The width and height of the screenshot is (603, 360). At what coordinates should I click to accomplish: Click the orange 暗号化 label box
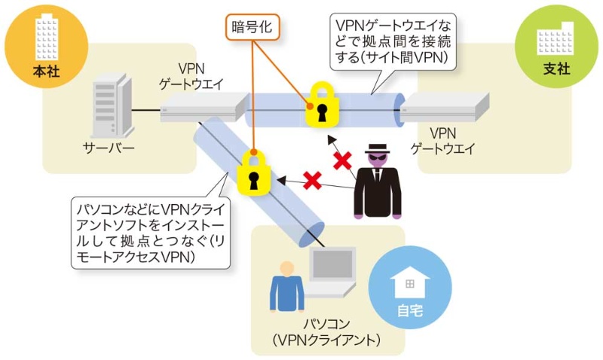click(x=252, y=28)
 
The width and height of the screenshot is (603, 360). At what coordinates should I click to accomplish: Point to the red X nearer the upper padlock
click(x=343, y=160)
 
